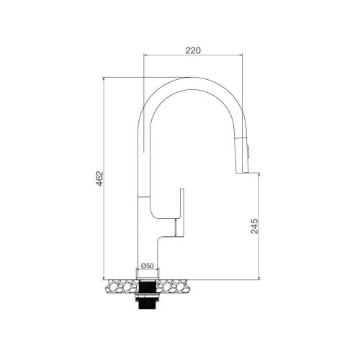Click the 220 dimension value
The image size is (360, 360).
pos(192,50)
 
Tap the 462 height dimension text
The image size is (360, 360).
pos(99,179)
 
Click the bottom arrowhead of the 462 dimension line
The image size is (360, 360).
pos(105,277)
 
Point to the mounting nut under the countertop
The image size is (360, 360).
pos(147,286)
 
